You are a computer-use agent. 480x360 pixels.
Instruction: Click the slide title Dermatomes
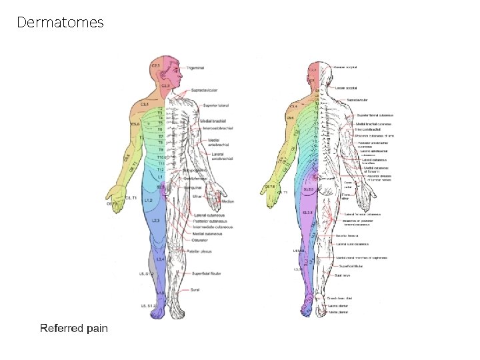click(x=60, y=23)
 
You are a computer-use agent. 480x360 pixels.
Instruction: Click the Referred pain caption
click(x=73, y=328)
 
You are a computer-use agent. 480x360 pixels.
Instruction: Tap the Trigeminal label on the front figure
click(x=195, y=67)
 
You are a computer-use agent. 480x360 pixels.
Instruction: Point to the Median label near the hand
click(x=227, y=201)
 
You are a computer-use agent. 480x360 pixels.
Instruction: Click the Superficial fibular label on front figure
click(x=205, y=273)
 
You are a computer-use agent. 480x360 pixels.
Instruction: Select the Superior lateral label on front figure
click(x=214, y=104)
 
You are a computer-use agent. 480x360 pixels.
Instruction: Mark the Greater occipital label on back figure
click(x=347, y=67)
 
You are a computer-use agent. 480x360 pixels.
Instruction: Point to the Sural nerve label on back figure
click(x=343, y=275)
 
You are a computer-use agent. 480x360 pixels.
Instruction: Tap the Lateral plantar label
click(x=339, y=305)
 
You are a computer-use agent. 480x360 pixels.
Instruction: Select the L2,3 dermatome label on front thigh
click(x=155, y=220)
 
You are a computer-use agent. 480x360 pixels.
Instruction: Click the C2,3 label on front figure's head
click(x=156, y=65)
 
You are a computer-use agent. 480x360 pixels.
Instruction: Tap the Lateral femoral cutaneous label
click(x=362, y=214)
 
